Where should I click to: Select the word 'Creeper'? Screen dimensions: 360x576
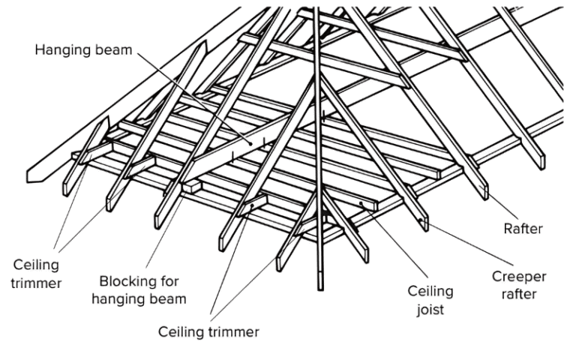point(513,277)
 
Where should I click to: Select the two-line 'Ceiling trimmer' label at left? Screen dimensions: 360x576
point(37,274)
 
